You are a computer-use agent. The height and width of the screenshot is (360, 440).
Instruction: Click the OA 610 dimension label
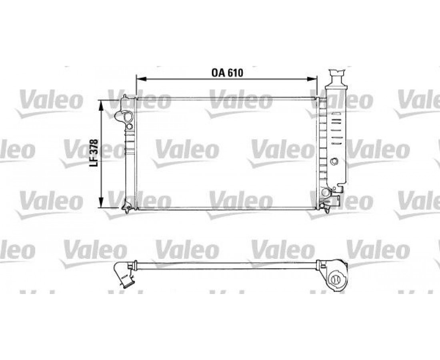227,73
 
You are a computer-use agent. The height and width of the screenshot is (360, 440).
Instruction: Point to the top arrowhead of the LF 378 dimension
101,106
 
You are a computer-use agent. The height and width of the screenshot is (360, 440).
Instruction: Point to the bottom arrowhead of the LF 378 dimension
101,202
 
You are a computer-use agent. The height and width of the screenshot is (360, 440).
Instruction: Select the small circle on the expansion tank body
334,161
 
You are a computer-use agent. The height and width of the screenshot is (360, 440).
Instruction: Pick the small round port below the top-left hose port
129,126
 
